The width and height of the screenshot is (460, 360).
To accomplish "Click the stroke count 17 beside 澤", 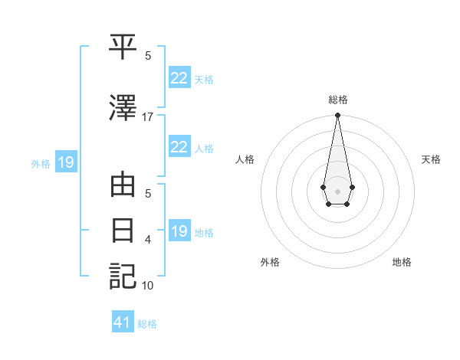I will tap(148, 117).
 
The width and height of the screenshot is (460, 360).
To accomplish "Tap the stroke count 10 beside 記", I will tap(148, 286).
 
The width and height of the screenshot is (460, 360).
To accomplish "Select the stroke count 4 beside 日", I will tap(148, 240).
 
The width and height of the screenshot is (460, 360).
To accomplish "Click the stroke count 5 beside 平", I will tap(148, 56).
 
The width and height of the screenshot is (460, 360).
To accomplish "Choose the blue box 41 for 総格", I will tap(123, 322).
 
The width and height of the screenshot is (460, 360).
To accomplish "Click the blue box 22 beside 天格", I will tap(179, 77).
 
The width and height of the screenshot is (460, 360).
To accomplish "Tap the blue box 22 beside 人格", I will tap(179, 147).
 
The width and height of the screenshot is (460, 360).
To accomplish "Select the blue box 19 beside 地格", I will tap(179, 231).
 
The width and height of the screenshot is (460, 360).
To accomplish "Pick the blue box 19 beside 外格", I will tap(65, 162).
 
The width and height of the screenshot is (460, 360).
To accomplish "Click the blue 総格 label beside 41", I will tap(147, 324).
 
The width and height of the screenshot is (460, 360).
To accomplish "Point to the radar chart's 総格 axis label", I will tap(337, 100).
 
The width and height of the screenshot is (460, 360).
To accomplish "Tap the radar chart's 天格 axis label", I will tap(431, 159).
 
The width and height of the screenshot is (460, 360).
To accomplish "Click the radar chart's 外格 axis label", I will tap(270, 262).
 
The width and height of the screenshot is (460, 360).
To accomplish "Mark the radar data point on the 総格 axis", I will tap(337, 115).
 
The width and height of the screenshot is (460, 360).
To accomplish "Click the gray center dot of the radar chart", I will tap(337, 190).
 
